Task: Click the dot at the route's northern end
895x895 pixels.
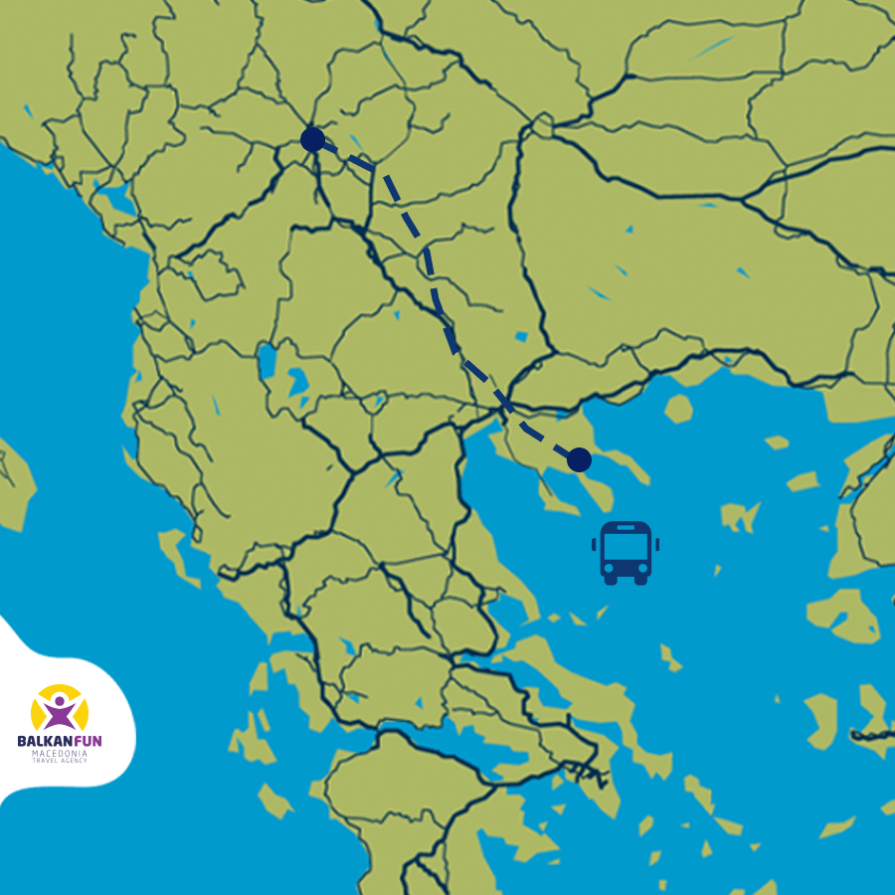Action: click(x=312, y=139)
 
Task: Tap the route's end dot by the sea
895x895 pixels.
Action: click(x=579, y=459)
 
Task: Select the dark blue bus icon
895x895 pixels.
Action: click(x=626, y=552)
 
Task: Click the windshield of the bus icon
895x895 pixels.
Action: click(x=626, y=546)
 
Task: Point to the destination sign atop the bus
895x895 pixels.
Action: click(x=626, y=528)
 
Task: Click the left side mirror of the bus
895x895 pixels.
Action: click(x=594, y=544)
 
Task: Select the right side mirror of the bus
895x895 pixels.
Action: click(x=657, y=544)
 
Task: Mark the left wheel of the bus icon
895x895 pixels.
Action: click(x=611, y=580)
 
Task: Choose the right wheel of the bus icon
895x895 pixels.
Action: click(x=641, y=580)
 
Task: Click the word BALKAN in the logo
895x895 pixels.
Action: click(x=46, y=741)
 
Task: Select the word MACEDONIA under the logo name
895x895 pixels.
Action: click(x=60, y=753)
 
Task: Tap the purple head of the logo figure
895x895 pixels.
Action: click(x=61, y=699)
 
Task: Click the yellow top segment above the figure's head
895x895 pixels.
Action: click(x=61, y=688)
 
